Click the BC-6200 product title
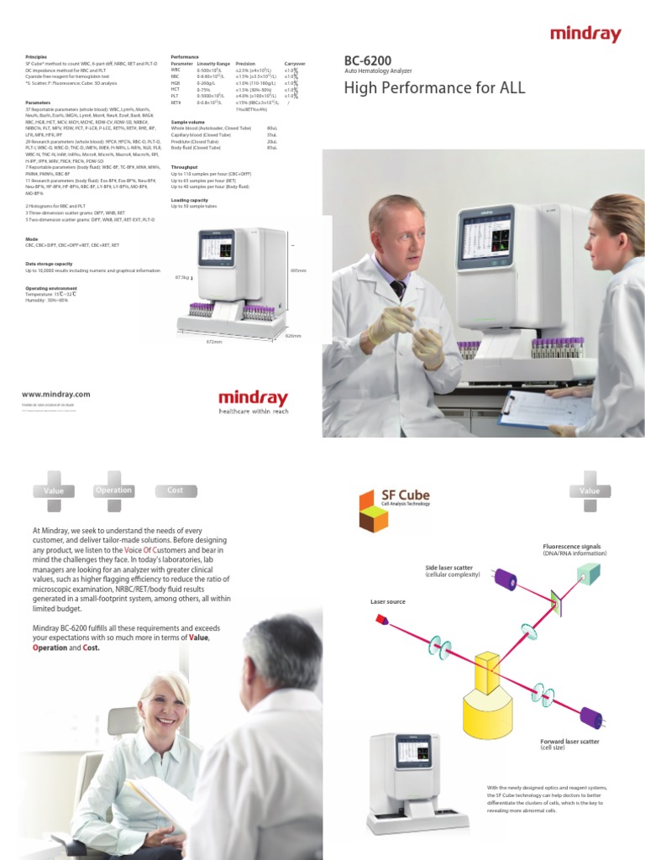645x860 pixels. [367, 60]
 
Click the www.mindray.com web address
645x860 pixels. [56, 394]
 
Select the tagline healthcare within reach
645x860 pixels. [253, 412]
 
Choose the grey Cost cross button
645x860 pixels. [175, 490]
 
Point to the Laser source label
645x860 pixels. [388, 602]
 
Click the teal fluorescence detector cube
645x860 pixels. [588, 574]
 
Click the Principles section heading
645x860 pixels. [38, 56]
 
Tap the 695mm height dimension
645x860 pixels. [297, 270]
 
